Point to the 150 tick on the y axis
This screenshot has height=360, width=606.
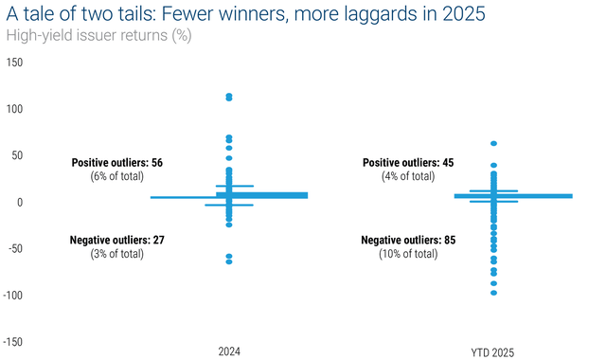point(14,63)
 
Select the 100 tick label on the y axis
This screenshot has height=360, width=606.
point(14,109)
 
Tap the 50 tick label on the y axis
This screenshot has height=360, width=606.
point(17,155)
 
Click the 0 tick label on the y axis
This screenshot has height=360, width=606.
point(20,203)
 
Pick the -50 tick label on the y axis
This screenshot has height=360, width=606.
point(15,249)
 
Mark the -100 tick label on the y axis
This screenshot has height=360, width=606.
point(12,296)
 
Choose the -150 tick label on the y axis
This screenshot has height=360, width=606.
point(12,342)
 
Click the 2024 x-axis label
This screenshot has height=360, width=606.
point(228,351)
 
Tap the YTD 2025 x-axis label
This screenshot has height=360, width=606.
point(493,351)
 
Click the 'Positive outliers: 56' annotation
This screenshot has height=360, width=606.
point(117,163)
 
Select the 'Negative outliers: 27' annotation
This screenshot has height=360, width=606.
point(117,241)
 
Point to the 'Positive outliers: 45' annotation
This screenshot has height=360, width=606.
point(408,163)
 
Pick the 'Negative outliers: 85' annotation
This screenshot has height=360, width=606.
point(408,241)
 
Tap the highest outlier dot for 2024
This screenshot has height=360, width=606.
point(229,97)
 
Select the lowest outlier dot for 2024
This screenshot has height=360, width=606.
point(229,261)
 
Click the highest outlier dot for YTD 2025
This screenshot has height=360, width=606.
point(493,144)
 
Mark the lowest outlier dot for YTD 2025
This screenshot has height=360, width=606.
point(493,293)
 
